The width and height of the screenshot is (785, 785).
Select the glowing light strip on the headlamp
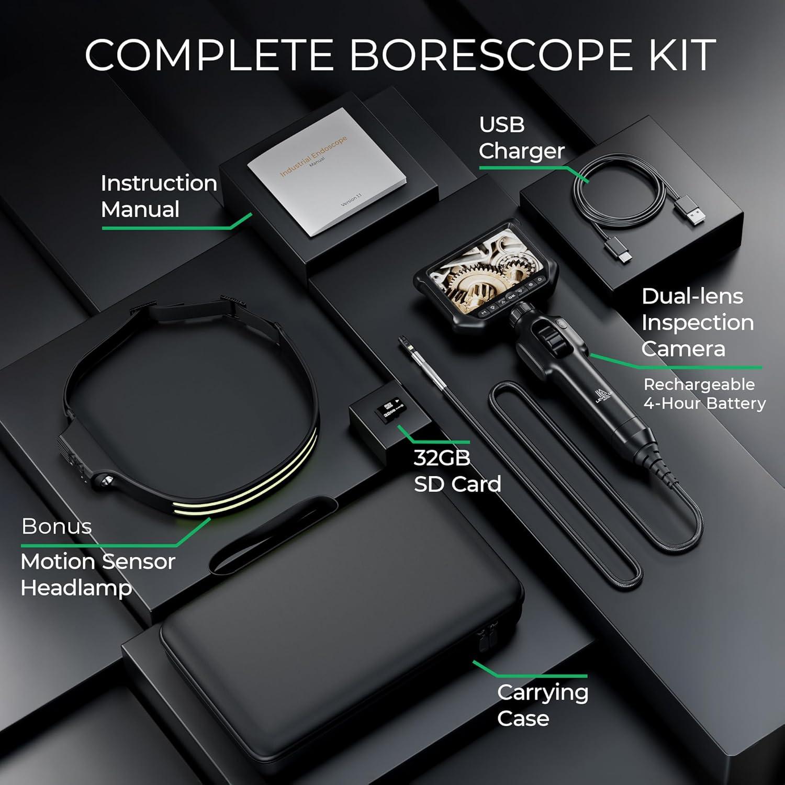click(x=246, y=484)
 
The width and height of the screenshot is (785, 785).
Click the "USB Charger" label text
click(x=521, y=138)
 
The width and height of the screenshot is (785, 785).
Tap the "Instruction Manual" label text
click(x=159, y=196)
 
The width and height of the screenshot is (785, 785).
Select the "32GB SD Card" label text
click(x=457, y=471)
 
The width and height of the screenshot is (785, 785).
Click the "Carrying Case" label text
click(x=542, y=705)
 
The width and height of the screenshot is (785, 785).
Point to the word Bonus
click(x=57, y=526)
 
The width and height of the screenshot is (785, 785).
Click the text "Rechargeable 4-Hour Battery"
click(x=704, y=394)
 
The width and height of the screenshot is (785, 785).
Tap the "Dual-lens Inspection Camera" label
click(x=697, y=322)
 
